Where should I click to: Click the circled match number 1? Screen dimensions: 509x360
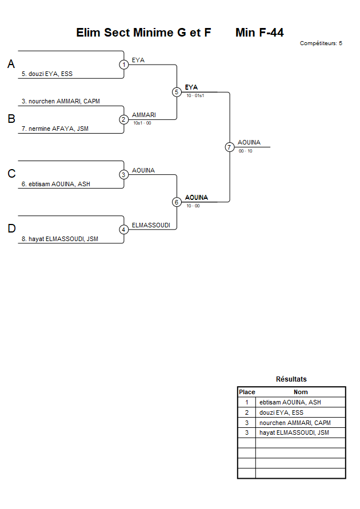124,65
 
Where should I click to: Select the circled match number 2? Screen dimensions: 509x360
124,119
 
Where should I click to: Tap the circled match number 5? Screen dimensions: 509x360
177,92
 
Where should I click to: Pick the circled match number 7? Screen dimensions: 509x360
230,147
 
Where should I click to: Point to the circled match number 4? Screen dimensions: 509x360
124,230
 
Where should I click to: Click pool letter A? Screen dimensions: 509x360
11,65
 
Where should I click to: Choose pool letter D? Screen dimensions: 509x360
11,229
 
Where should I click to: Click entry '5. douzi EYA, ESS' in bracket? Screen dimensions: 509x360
47,74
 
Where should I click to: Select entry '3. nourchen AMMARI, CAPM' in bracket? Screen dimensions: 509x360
61,101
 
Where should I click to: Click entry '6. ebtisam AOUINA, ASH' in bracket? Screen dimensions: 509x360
55,184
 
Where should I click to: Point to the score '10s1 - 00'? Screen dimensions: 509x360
142,123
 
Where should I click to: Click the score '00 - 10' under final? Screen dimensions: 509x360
246,151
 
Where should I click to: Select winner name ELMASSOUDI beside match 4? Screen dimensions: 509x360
151,225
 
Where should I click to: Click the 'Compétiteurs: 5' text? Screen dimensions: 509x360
321,43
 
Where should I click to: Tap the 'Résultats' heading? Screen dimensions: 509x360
291,379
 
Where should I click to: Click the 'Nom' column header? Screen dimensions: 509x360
301,392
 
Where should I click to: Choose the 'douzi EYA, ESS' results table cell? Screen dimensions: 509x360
281,412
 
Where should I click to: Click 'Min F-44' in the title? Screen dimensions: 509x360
259,33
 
